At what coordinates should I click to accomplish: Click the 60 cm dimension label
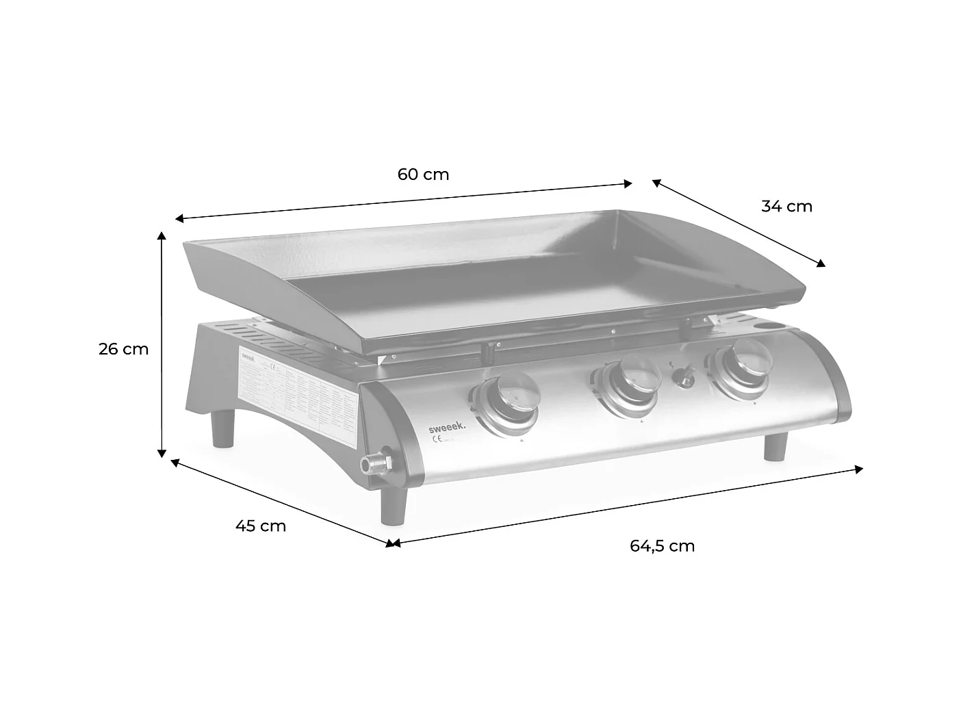(423, 175)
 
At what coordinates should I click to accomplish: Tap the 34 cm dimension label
(786, 206)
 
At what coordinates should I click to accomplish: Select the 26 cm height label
(123, 349)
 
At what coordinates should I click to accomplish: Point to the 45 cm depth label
(260, 526)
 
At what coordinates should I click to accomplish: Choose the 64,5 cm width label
(662, 546)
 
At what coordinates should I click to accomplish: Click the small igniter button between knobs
(682, 376)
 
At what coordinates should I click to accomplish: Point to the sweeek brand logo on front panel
(446, 426)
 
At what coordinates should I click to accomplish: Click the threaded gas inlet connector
(374, 465)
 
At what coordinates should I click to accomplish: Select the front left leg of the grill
(395, 504)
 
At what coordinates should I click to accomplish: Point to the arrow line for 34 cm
(739, 222)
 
